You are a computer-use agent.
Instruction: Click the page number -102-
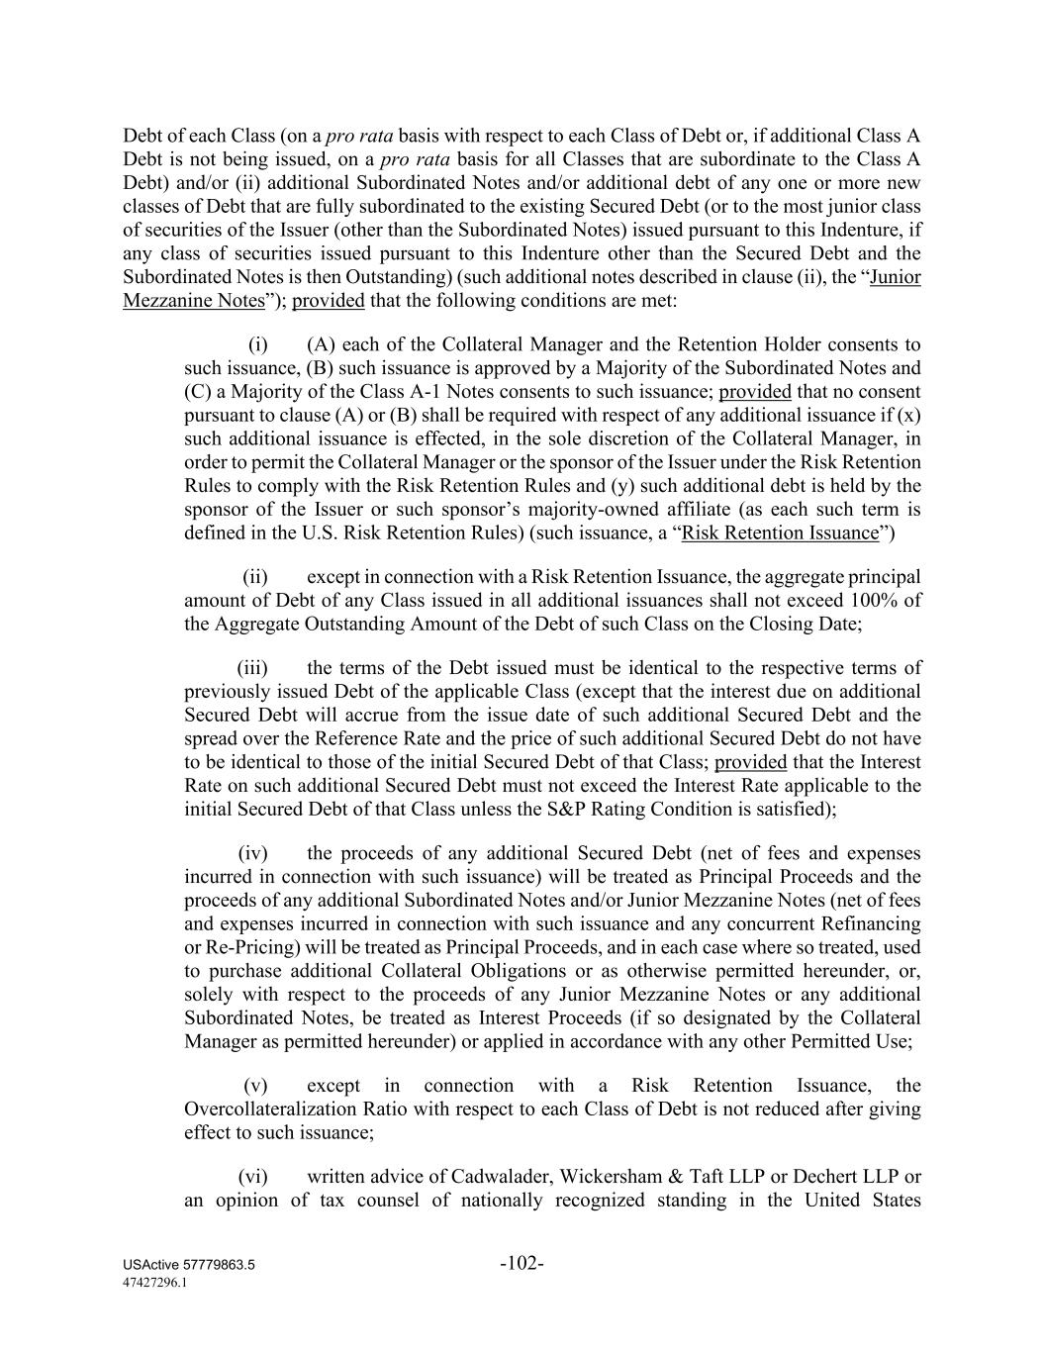click(522, 1263)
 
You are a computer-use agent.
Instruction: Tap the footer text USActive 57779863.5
click(189, 1266)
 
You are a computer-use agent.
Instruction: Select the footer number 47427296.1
click(155, 1282)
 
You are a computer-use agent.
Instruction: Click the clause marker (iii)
click(252, 668)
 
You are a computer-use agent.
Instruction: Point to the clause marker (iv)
click(252, 853)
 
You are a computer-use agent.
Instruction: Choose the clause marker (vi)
click(252, 1177)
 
